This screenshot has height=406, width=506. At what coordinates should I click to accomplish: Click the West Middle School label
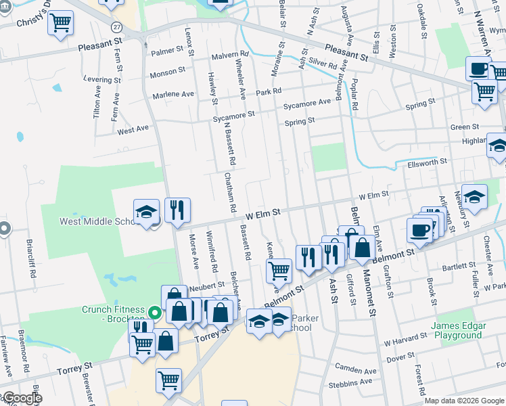(97, 221)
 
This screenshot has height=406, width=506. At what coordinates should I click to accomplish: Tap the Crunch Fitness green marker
(155, 313)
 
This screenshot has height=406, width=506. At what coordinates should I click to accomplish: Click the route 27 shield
(118, 26)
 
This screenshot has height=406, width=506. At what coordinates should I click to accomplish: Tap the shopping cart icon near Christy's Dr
(61, 24)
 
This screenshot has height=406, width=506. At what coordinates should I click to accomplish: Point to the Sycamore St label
(233, 115)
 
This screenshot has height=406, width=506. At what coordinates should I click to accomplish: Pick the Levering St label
(101, 79)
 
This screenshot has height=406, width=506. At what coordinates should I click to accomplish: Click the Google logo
(22, 398)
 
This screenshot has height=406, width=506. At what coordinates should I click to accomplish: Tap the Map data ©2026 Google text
(464, 401)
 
